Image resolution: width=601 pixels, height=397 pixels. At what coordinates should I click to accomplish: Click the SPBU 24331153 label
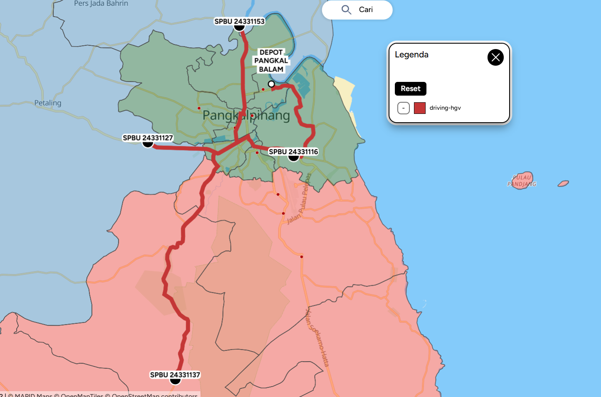pyautogui.click(x=239, y=21)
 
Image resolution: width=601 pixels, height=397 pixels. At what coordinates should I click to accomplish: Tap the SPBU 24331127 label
pyautogui.click(x=148, y=138)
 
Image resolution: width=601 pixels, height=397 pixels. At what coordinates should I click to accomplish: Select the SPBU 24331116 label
pyautogui.click(x=293, y=152)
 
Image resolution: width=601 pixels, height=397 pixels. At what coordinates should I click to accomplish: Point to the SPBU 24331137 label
pyautogui.click(x=175, y=375)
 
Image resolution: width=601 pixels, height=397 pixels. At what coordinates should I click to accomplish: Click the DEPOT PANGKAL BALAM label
pyautogui.click(x=271, y=61)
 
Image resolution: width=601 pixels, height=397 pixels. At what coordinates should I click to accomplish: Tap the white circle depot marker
pyautogui.click(x=271, y=84)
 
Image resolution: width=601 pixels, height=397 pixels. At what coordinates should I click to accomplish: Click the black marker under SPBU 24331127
pyautogui.click(x=148, y=144)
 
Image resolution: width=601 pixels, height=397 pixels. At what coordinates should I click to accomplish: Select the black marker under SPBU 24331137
pyautogui.click(x=175, y=380)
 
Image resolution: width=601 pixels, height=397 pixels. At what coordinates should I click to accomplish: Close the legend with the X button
pyautogui.click(x=495, y=57)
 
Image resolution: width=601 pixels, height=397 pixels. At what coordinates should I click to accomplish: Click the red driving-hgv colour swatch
pyautogui.click(x=420, y=108)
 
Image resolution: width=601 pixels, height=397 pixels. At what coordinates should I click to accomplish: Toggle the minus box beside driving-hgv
pyautogui.click(x=404, y=108)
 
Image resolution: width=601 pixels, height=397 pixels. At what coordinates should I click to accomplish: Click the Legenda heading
pyautogui.click(x=411, y=54)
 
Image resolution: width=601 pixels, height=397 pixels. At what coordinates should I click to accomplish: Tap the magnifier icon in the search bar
pyautogui.click(x=346, y=10)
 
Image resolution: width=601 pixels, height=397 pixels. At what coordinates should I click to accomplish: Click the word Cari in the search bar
pyautogui.click(x=366, y=10)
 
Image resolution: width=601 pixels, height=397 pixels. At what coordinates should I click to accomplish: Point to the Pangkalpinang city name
pyautogui.click(x=246, y=115)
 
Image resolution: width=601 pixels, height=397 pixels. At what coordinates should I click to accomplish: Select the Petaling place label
pyautogui.click(x=48, y=103)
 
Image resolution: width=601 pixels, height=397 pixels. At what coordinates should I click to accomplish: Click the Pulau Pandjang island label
pyautogui.click(x=522, y=180)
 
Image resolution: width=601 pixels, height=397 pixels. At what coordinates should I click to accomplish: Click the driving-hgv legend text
pyautogui.click(x=445, y=108)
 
